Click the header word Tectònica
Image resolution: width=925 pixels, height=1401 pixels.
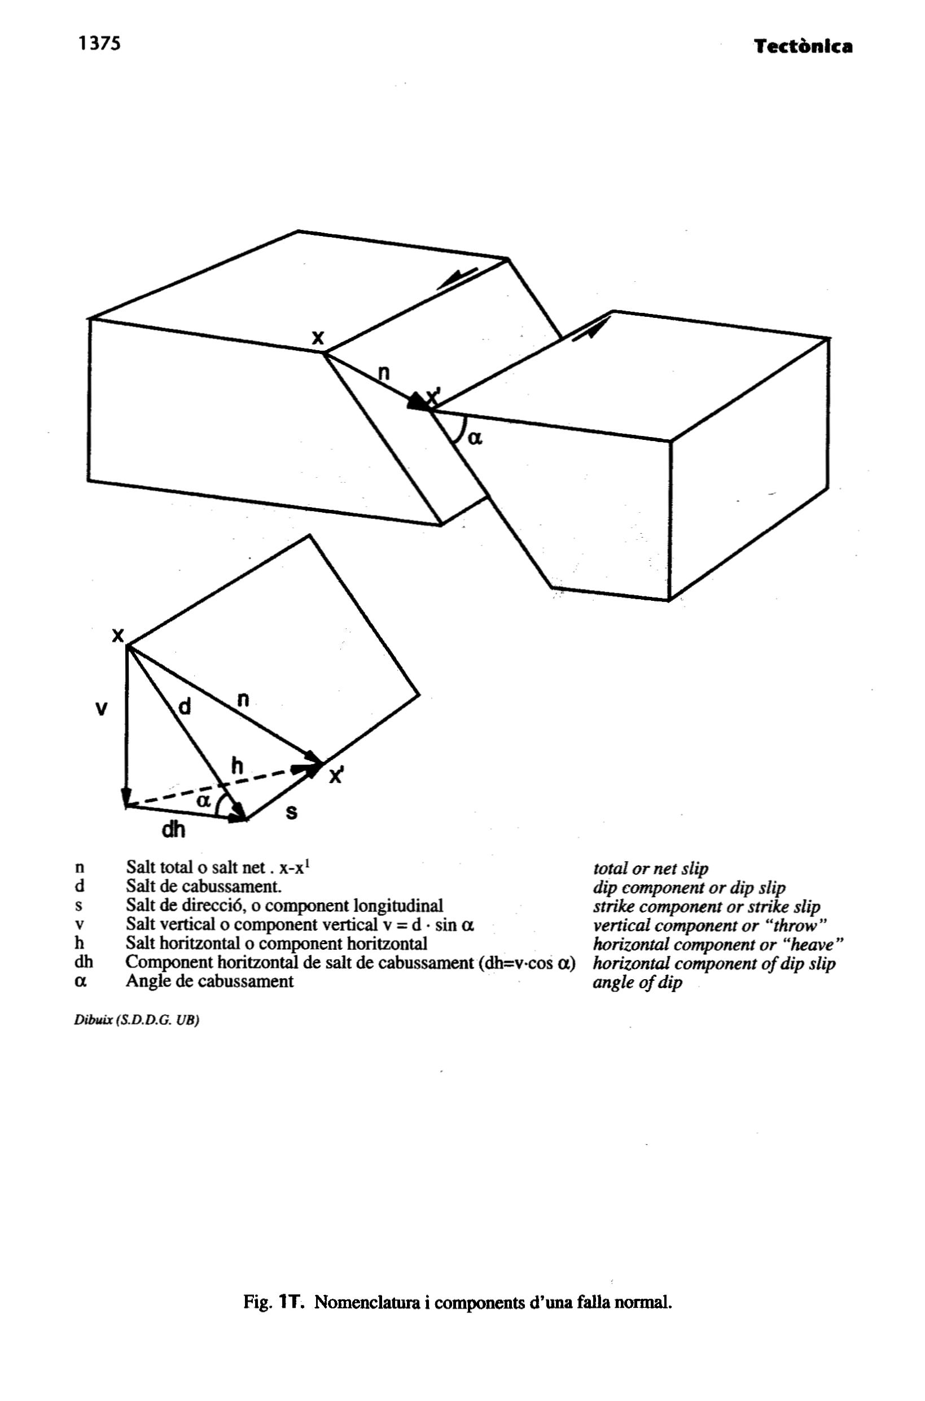[804, 47]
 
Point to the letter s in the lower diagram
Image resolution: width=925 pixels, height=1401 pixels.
[291, 813]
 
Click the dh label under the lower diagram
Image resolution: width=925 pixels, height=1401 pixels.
[172, 830]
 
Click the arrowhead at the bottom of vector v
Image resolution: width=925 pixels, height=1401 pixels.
[126, 797]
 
